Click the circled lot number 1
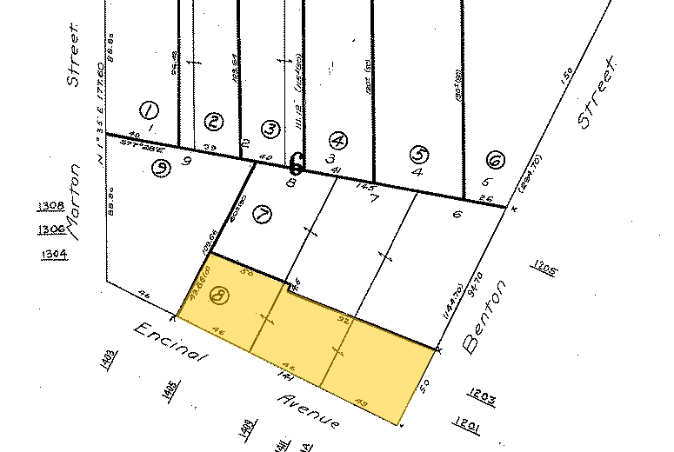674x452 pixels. point(149,110)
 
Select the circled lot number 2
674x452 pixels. point(212,122)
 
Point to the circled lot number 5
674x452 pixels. point(420,156)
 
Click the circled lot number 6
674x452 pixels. point(495,161)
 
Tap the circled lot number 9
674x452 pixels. point(160,169)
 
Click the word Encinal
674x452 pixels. point(169,345)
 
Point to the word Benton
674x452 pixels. point(484,316)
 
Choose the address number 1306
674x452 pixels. point(53,229)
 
